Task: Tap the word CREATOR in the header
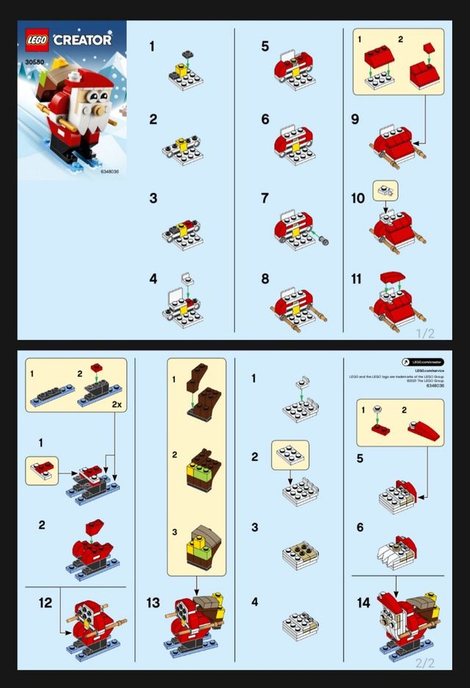point(83,40)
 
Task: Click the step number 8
point(264,279)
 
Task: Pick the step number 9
point(355,119)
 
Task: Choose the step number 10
point(358,199)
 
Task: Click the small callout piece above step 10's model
point(385,189)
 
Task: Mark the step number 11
point(358,279)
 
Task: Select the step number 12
point(46,603)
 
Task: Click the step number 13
point(153,603)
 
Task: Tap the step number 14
point(363,603)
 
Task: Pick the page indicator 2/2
point(425,662)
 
